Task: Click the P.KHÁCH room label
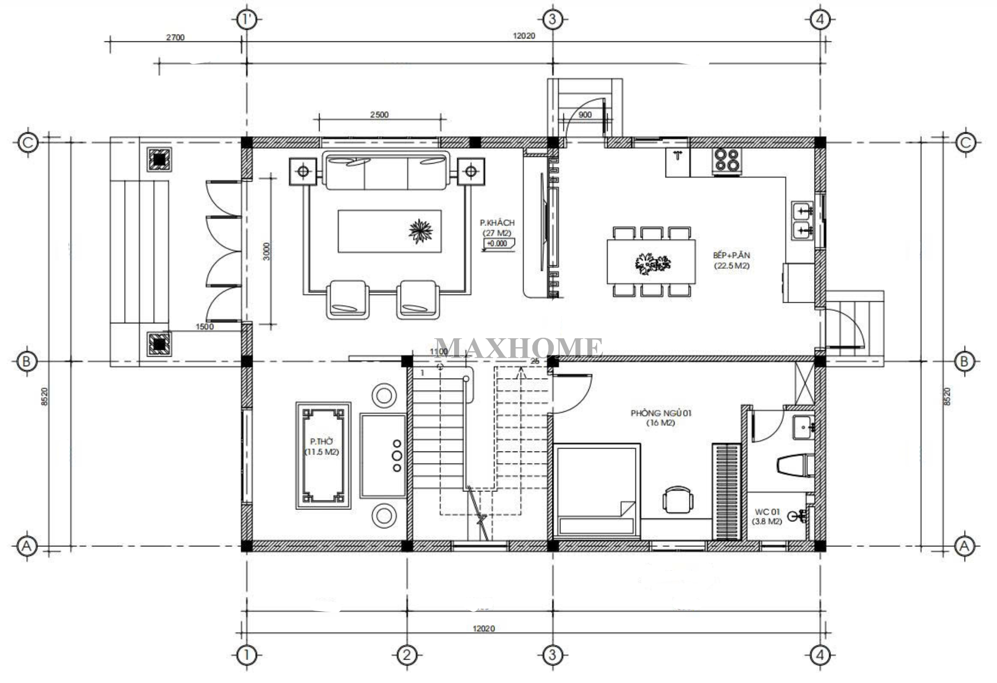click(498, 223)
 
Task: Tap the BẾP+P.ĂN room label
click(731, 255)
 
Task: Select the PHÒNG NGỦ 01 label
click(661, 413)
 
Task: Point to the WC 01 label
click(767, 512)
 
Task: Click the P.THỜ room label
click(322, 442)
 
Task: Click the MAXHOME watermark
click(518, 348)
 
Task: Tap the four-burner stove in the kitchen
click(727, 161)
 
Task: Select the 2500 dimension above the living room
click(379, 115)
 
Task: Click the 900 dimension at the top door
click(585, 115)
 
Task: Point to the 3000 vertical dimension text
click(267, 251)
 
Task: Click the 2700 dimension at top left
click(175, 37)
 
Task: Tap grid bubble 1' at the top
click(246, 20)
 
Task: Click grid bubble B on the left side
click(27, 361)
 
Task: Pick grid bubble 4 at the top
click(820, 20)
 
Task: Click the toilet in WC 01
click(795, 465)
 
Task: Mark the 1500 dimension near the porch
click(204, 327)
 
